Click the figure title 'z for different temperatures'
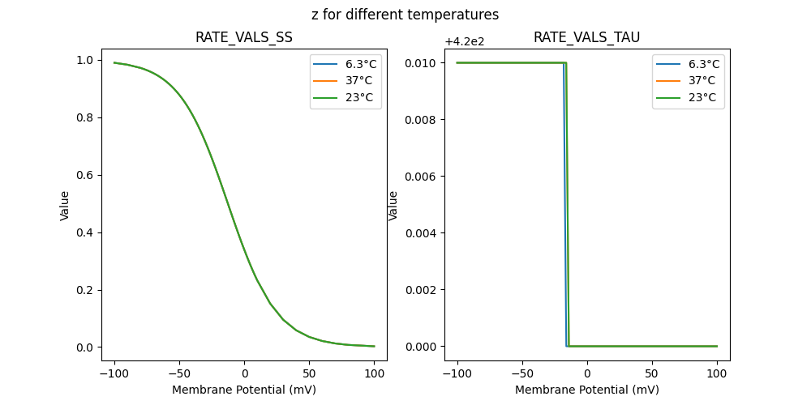click(x=405, y=15)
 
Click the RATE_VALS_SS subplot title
click(x=244, y=37)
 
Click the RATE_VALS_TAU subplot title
click(x=587, y=37)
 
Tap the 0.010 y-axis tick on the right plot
click(x=422, y=62)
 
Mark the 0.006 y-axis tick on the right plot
click(x=422, y=176)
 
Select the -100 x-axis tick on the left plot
click(x=114, y=374)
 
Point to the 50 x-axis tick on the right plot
click(x=652, y=374)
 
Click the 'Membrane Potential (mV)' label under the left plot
click(x=244, y=390)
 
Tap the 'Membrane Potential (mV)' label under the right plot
click(x=587, y=390)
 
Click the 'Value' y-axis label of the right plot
click(x=393, y=206)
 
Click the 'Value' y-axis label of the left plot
click(x=65, y=206)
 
